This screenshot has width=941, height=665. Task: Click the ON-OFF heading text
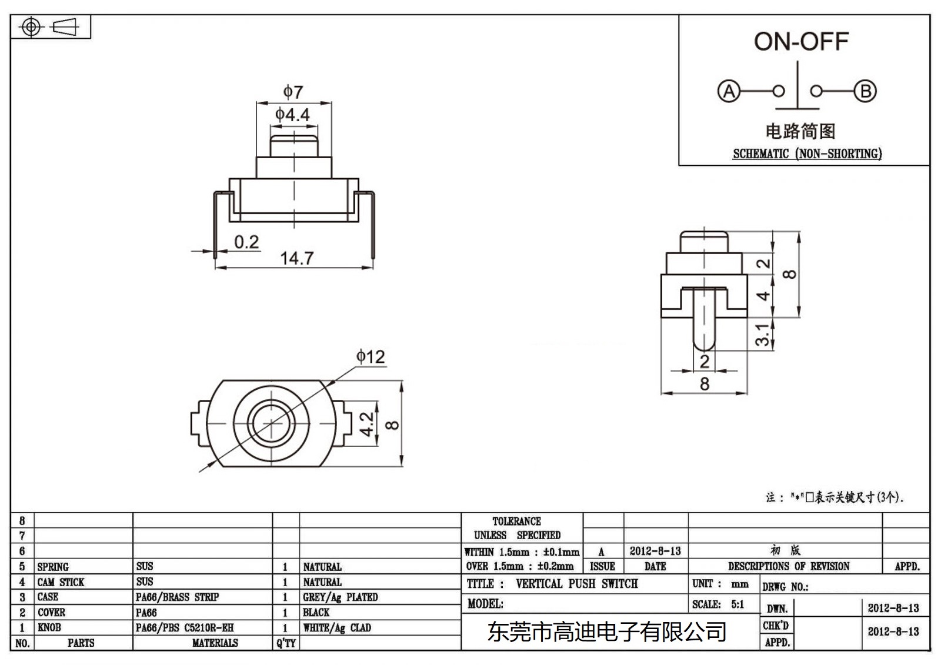click(x=801, y=42)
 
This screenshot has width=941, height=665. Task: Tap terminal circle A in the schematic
click(x=729, y=92)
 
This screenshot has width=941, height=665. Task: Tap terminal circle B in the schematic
click(x=865, y=92)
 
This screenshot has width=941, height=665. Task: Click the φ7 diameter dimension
click(x=293, y=92)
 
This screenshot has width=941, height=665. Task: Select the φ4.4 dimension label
click(x=292, y=114)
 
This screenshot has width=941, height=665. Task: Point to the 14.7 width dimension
click(x=296, y=258)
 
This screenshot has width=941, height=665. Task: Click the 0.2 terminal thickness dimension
click(x=246, y=242)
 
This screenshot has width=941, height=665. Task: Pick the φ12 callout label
click(x=370, y=356)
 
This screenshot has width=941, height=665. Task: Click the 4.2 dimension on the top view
click(x=366, y=424)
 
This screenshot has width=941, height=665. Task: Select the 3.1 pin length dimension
click(x=762, y=335)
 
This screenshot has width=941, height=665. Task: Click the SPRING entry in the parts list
click(x=53, y=567)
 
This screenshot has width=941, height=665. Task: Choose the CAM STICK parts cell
click(x=61, y=582)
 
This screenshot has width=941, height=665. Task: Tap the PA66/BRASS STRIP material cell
click(x=177, y=597)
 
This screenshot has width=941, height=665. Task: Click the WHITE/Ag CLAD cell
click(x=337, y=628)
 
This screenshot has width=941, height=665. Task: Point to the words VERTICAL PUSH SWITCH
click(x=576, y=584)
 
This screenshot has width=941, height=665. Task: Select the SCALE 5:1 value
click(x=737, y=604)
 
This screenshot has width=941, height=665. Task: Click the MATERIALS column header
click(x=215, y=643)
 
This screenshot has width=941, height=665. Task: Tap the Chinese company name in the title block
click(x=606, y=632)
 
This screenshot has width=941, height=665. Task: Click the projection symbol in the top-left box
click(x=50, y=27)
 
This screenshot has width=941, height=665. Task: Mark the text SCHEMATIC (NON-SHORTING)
click(x=807, y=154)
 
